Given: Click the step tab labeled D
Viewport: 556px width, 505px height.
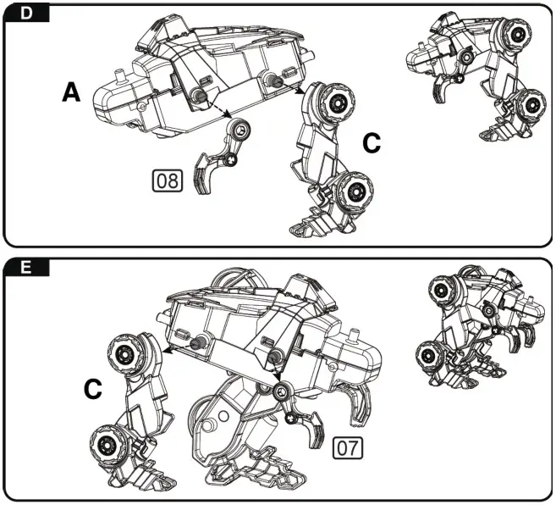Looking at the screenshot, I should click(25, 13).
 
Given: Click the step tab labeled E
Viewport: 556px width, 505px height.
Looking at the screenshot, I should click(25, 268).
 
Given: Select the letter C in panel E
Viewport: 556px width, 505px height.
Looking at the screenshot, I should click(93, 390).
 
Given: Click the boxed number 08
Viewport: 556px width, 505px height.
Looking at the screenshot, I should click(168, 180).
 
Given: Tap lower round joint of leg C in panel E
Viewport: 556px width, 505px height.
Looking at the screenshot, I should click(109, 442).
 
